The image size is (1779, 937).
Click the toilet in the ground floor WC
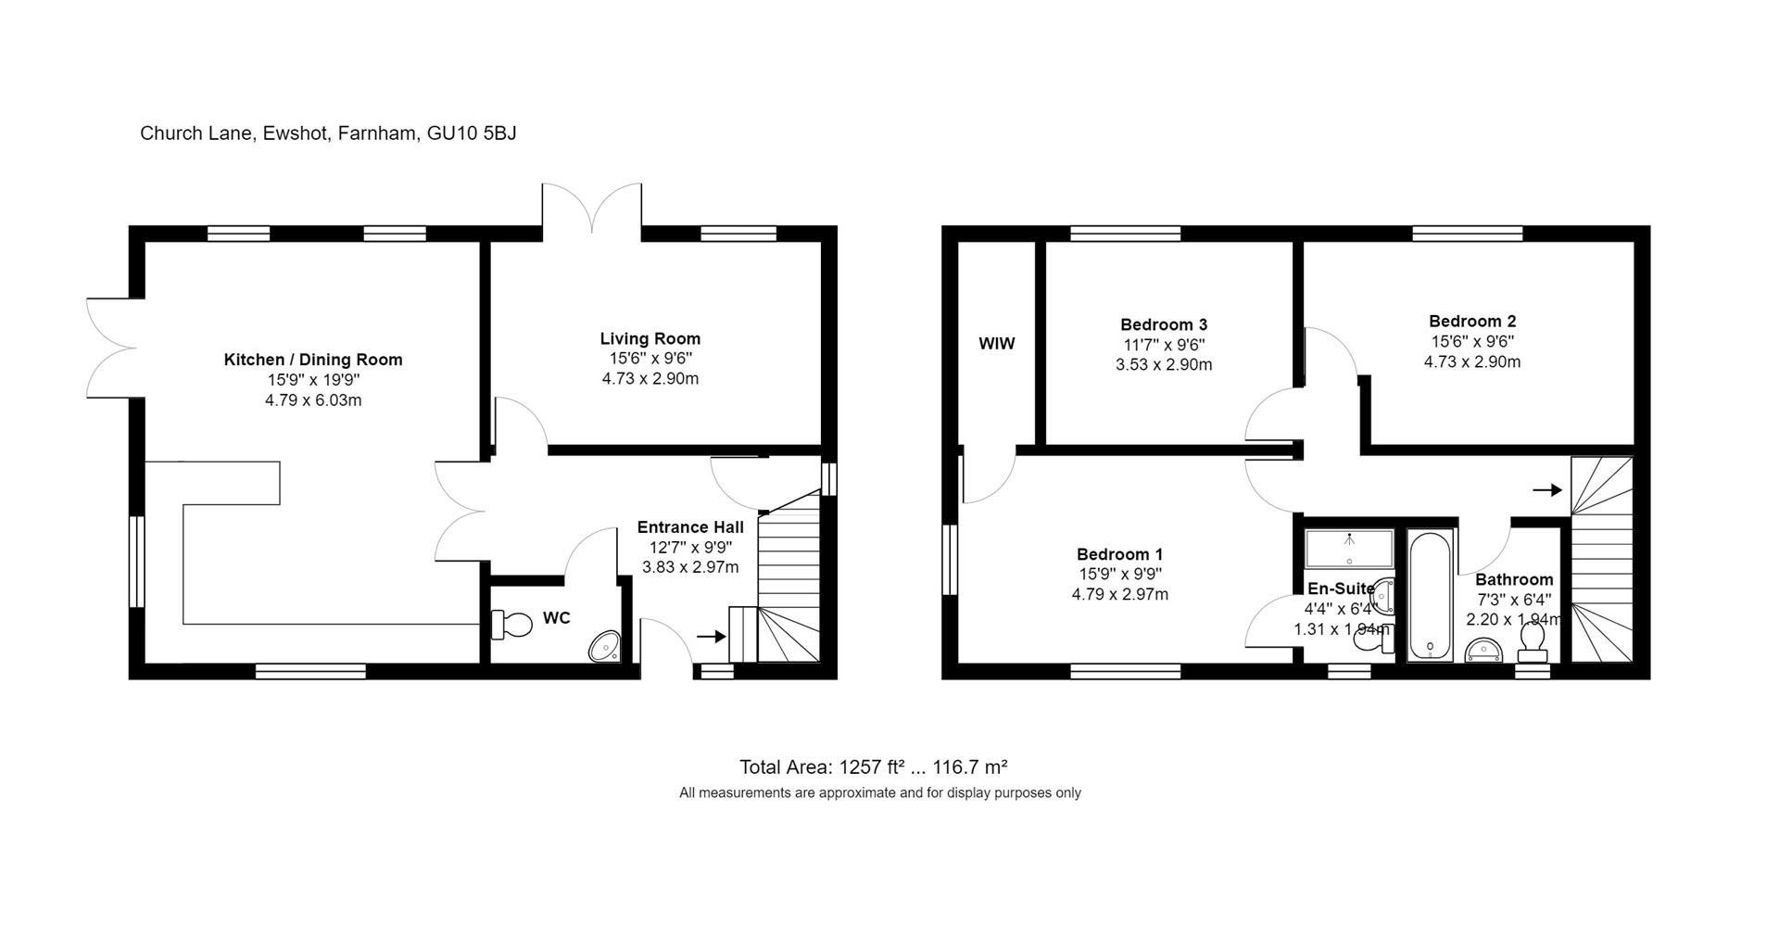click(x=511, y=625)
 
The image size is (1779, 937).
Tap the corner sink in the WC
click(x=606, y=647)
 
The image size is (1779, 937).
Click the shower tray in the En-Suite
click(x=1349, y=549)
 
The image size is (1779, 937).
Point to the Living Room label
click(x=650, y=339)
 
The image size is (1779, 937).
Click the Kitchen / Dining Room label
click(x=313, y=360)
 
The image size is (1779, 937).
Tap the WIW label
click(x=997, y=344)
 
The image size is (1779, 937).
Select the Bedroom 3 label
click(x=1164, y=324)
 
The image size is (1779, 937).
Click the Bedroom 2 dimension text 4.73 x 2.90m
click(x=1471, y=362)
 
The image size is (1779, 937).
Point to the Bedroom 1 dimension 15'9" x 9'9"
click(x=1119, y=575)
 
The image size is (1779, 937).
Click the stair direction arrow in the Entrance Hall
click(x=711, y=636)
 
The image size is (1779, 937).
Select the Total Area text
click(x=873, y=767)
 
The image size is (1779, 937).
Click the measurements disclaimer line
click(x=879, y=793)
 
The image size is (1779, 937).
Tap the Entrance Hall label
click(x=690, y=527)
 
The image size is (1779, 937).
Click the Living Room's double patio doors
click(x=591, y=206)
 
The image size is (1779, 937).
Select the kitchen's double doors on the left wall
click(x=111, y=348)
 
